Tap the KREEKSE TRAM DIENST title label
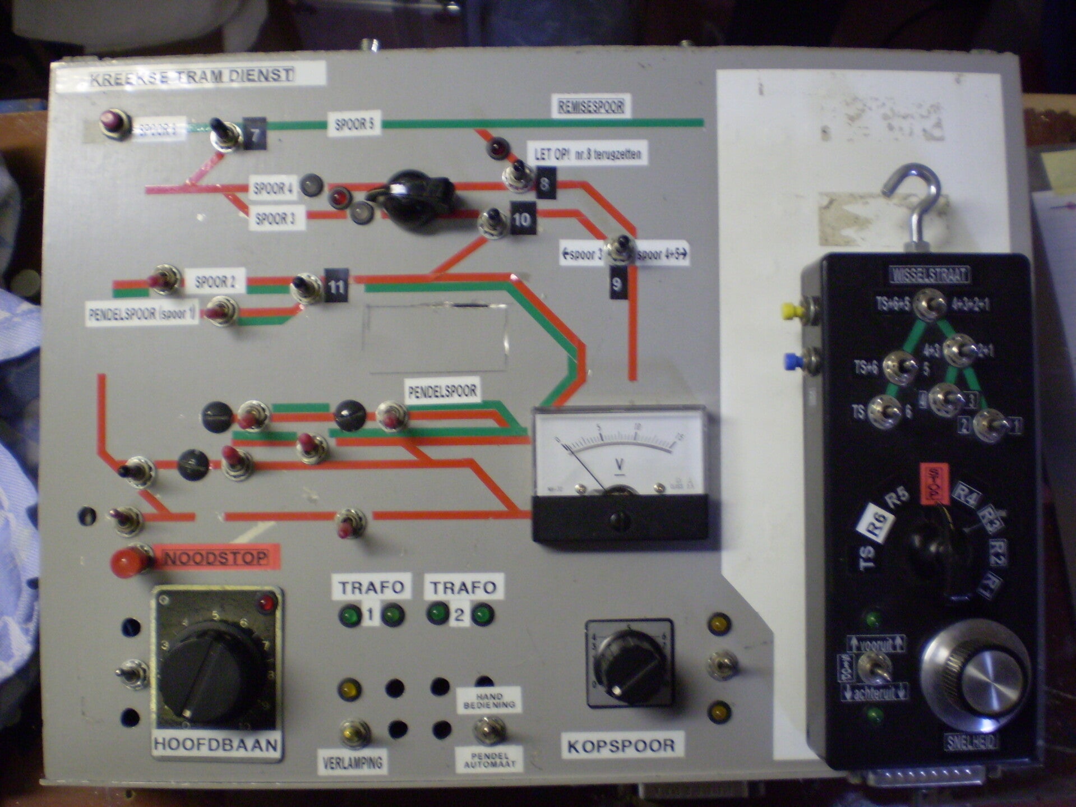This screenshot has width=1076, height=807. pos(192,75)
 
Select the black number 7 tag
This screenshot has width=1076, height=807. pos(255,135)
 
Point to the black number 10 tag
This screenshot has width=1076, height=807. pos(522,219)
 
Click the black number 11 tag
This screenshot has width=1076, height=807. pos(336,286)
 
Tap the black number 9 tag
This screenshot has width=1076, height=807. pos(617,284)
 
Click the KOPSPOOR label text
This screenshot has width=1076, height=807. pos(621,746)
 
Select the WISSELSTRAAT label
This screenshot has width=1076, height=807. pos(930,275)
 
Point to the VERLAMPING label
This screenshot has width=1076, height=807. pos(352,762)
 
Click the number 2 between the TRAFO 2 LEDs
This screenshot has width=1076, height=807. pos(459,616)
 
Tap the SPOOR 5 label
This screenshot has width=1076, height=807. pos(354,124)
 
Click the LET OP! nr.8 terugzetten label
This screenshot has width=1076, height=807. pos(588,153)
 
